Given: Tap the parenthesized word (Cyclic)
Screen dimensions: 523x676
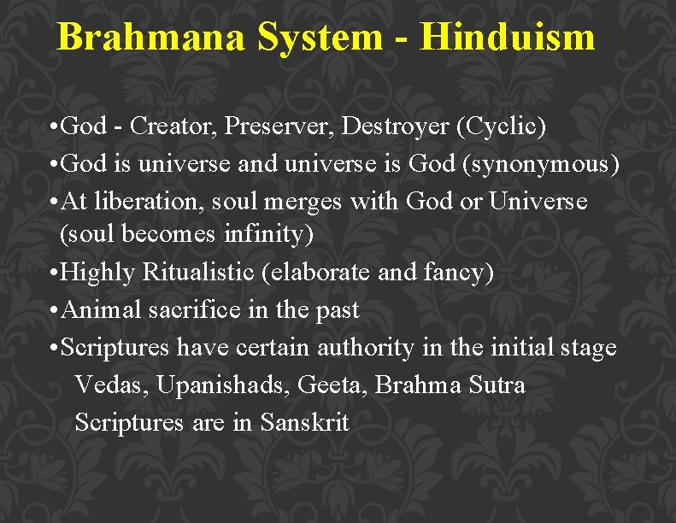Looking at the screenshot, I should point(502,126).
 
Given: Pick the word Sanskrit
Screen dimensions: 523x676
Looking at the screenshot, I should point(305,421).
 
